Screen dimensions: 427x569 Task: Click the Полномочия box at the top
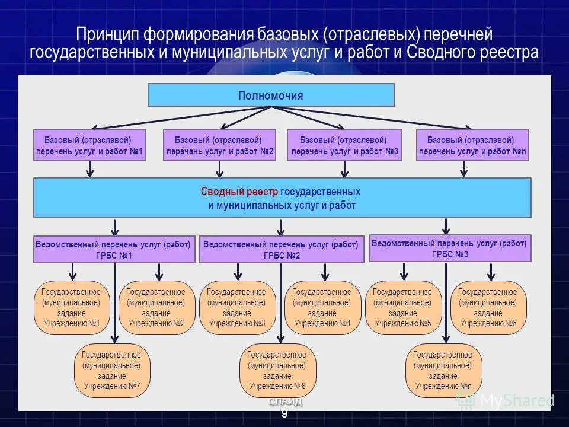point(271,95)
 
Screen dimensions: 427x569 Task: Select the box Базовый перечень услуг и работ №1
point(90,145)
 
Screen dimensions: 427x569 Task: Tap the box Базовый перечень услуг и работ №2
point(220,145)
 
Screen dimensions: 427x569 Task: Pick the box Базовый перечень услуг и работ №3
point(344,145)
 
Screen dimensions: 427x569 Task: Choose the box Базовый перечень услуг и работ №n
point(472,145)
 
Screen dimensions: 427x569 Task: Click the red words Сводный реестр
point(239,192)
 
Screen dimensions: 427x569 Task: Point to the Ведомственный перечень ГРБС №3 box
point(450,248)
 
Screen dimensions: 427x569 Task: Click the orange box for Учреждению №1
point(71,308)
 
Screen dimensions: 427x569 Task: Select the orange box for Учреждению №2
point(156,308)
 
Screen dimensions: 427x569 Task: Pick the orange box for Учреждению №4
point(322,308)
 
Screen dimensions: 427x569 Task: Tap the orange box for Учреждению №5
point(403,308)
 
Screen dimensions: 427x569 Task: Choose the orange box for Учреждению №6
point(488,308)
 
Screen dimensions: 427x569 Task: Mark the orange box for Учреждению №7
point(112,371)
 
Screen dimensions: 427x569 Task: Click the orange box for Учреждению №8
point(277,371)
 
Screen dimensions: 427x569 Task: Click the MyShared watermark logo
point(504,401)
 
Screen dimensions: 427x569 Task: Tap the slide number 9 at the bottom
point(284,414)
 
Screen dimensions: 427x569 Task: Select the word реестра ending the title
point(510,52)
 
